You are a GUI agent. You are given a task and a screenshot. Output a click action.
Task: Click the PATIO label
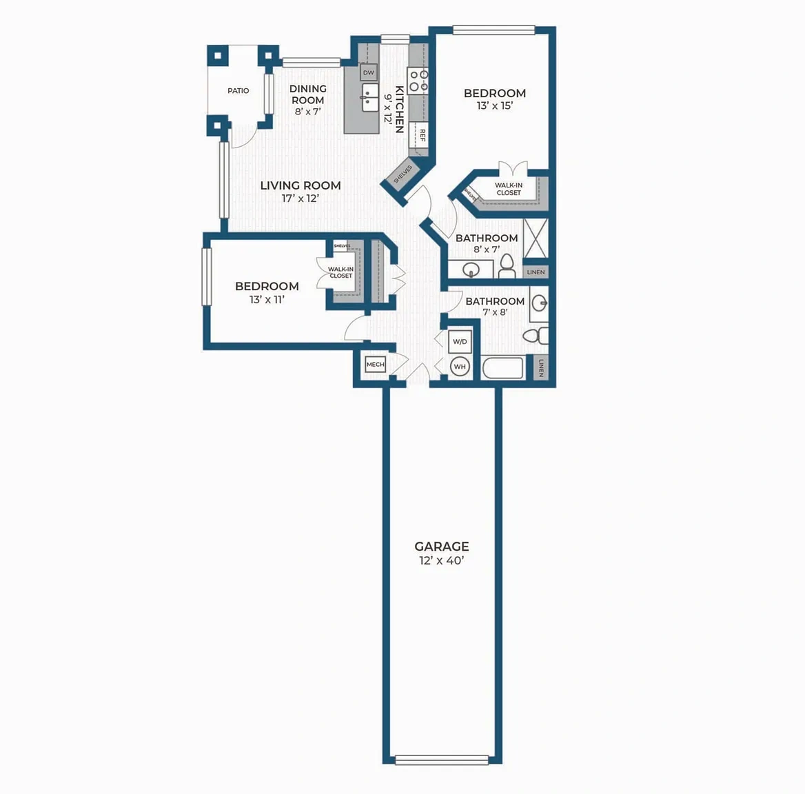click(x=238, y=91)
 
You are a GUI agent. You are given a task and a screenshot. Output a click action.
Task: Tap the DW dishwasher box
click(x=369, y=72)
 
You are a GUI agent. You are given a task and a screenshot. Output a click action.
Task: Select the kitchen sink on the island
click(x=369, y=97)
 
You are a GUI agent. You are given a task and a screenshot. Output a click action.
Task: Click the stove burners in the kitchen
click(x=418, y=81)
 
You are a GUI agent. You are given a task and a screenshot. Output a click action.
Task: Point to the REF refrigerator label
click(x=422, y=136)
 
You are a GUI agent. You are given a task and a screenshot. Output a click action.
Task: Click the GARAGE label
click(x=442, y=547)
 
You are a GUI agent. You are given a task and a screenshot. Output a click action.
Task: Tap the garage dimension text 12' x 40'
click(x=442, y=561)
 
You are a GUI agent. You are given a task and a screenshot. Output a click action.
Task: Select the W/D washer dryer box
click(x=460, y=342)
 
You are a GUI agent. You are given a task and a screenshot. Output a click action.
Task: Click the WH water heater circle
click(x=460, y=367)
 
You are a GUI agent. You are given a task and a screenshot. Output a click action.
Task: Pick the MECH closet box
click(x=376, y=365)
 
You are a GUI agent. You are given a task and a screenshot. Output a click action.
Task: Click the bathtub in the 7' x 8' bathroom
click(x=502, y=368)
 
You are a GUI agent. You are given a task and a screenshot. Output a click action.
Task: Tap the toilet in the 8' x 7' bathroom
click(x=507, y=266)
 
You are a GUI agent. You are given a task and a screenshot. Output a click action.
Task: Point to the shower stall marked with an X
click(x=536, y=238)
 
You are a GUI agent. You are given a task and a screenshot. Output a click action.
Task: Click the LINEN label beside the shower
click(x=536, y=272)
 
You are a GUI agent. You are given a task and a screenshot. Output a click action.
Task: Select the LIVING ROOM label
click(x=300, y=186)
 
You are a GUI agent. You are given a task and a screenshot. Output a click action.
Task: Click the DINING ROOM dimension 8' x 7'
click(x=307, y=112)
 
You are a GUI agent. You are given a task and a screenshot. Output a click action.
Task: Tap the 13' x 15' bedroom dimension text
click(x=495, y=105)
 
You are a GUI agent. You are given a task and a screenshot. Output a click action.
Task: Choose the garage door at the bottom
click(x=442, y=760)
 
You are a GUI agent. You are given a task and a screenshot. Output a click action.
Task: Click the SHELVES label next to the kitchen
click(x=403, y=174)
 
